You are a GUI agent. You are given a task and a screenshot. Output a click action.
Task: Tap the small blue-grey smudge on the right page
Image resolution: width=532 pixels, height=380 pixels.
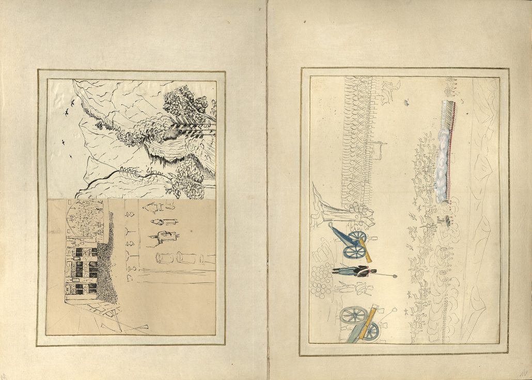(406, 103)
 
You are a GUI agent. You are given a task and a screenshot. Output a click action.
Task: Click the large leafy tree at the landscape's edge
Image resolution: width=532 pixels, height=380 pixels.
(186, 104)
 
